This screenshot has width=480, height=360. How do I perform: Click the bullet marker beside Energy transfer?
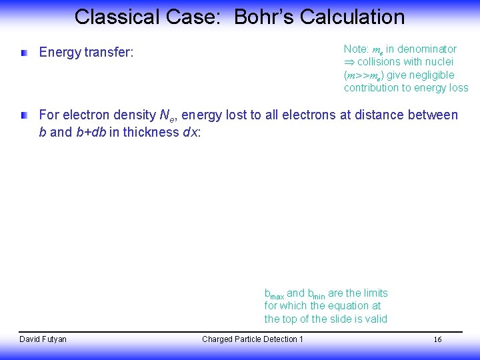(x=24, y=52)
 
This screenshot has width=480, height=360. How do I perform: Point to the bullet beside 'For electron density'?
(x=24, y=115)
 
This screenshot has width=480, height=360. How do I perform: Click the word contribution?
(x=371, y=88)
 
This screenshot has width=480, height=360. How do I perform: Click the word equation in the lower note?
(x=347, y=306)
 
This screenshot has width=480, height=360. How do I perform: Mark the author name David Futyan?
(x=43, y=339)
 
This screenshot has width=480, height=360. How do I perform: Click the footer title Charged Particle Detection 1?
(x=253, y=339)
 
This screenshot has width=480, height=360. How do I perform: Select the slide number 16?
(x=438, y=340)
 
